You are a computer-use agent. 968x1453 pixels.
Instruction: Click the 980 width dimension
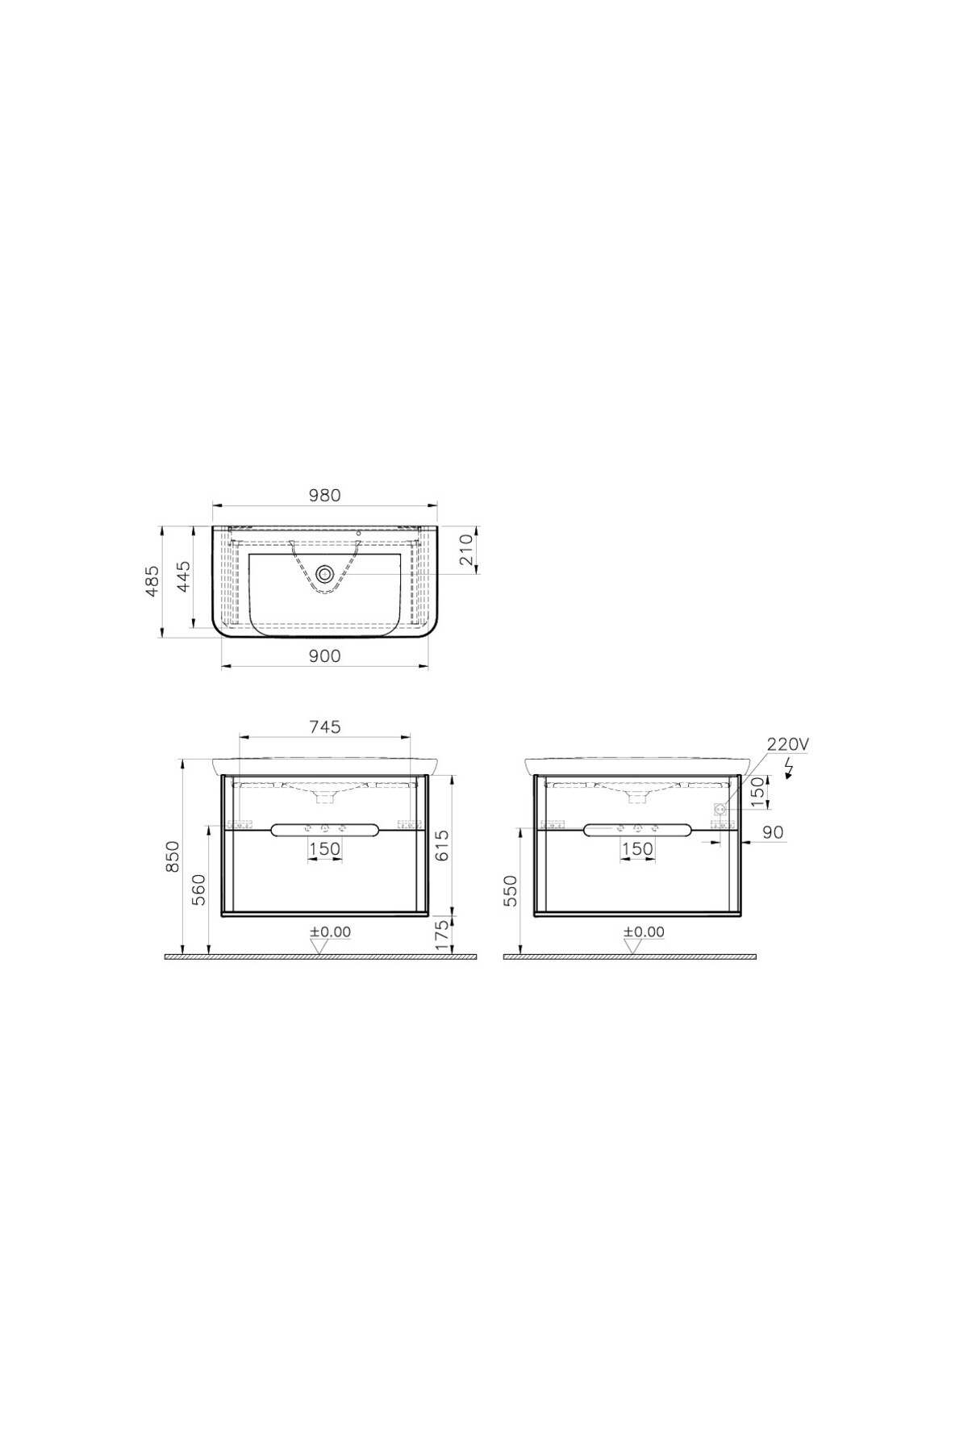324,495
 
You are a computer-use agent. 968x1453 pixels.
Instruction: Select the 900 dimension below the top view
324,656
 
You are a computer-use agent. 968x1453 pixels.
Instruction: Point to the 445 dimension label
184,578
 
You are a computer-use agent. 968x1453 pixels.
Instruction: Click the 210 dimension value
466,551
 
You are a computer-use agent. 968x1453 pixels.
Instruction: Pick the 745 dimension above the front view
324,726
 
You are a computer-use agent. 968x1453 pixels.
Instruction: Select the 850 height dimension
172,856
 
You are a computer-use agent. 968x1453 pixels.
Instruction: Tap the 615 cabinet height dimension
441,845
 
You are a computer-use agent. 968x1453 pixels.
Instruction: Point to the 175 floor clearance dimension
441,936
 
